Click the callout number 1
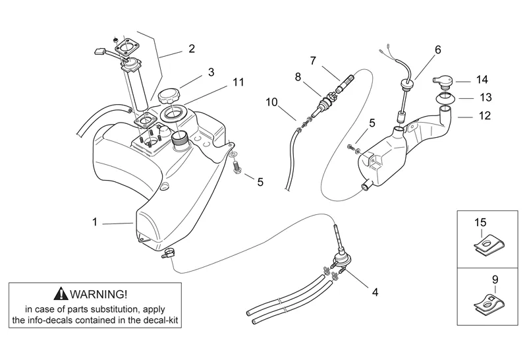click(x=95, y=222)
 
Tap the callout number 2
click(x=192, y=48)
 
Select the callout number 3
click(x=211, y=71)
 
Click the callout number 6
click(x=437, y=49)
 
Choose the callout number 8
click(x=298, y=76)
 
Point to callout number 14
click(x=482, y=80)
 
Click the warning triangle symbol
click(x=61, y=294)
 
